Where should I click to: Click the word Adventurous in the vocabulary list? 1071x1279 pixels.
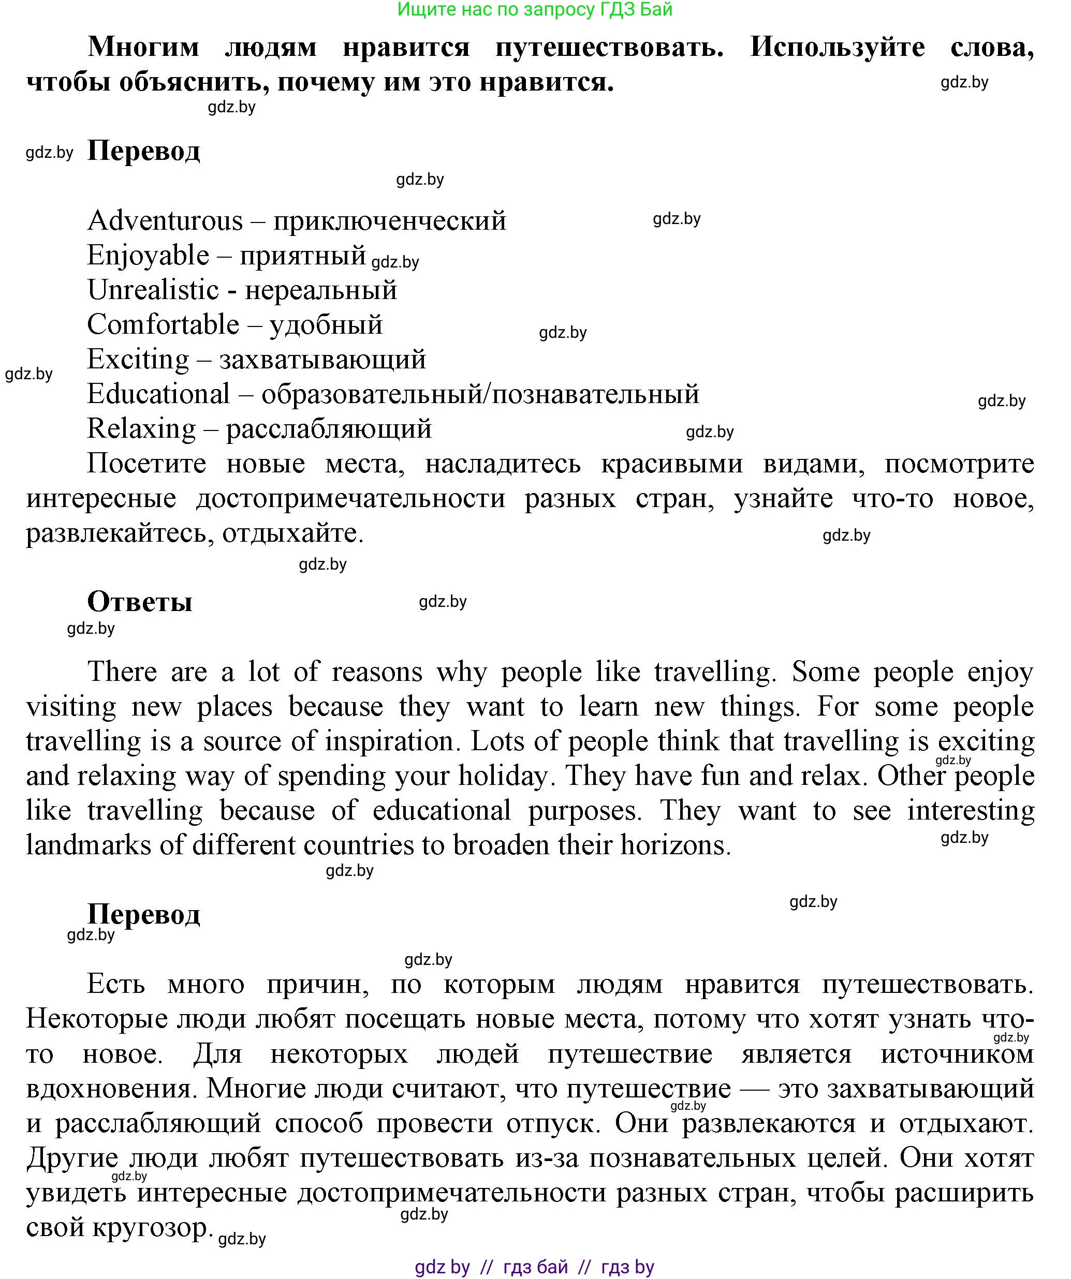165,220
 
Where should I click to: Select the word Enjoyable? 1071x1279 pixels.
148,255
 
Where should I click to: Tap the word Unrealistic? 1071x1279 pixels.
153,290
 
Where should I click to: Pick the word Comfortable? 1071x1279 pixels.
163,324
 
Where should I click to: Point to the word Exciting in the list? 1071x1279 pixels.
138,360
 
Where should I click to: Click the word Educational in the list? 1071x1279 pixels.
158,394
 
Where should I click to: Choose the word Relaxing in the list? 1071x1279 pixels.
141,429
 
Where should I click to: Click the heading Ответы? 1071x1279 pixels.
140,602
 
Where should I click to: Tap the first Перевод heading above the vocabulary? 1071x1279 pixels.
144,151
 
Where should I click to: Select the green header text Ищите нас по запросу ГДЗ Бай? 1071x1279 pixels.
535,9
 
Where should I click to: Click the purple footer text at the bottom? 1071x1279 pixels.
534,1268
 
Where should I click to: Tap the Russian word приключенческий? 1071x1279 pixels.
390,220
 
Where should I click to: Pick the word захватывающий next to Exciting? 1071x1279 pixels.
322,360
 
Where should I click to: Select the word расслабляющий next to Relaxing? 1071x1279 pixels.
329,429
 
